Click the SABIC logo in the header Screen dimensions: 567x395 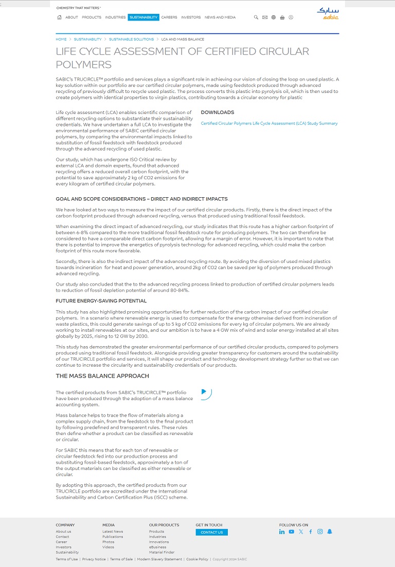[x=328, y=13]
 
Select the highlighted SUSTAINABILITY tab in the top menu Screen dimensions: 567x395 [x=143, y=17]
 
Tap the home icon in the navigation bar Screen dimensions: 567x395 [x=60, y=17]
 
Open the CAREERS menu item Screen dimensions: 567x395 [x=169, y=17]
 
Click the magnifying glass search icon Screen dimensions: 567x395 [x=256, y=17]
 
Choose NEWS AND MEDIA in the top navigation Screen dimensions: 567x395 [x=220, y=17]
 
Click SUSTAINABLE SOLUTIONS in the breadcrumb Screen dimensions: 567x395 [x=131, y=40]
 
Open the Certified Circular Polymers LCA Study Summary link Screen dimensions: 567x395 [x=269, y=124]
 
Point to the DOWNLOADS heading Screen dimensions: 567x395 [x=217, y=112]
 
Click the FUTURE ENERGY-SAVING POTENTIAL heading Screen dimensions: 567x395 [x=101, y=301]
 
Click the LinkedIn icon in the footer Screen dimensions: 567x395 [x=282, y=532]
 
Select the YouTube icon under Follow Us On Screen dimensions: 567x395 [x=292, y=532]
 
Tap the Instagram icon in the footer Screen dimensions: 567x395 [x=320, y=532]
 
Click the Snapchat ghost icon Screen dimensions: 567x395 [x=330, y=532]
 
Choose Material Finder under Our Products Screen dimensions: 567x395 [x=161, y=553]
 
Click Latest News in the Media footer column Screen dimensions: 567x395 [x=113, y=532]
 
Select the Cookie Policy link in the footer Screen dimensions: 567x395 [x=197, y=559]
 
